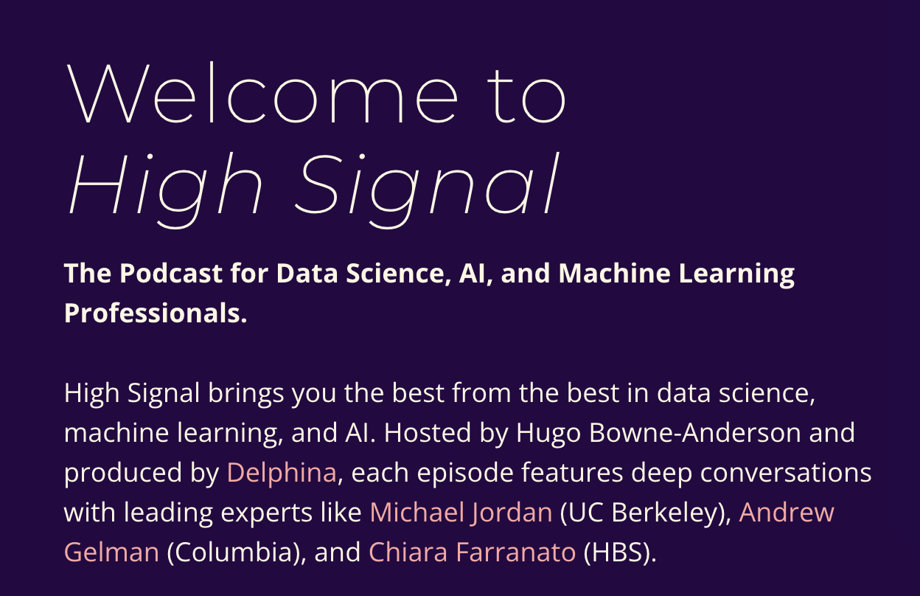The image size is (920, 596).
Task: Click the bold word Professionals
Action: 155,313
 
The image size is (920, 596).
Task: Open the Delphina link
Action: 282,472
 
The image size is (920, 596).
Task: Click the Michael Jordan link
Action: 461,512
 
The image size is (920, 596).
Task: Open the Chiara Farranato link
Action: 472,552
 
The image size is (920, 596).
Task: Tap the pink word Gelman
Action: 111,552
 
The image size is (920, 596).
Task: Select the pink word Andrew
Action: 787,512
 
